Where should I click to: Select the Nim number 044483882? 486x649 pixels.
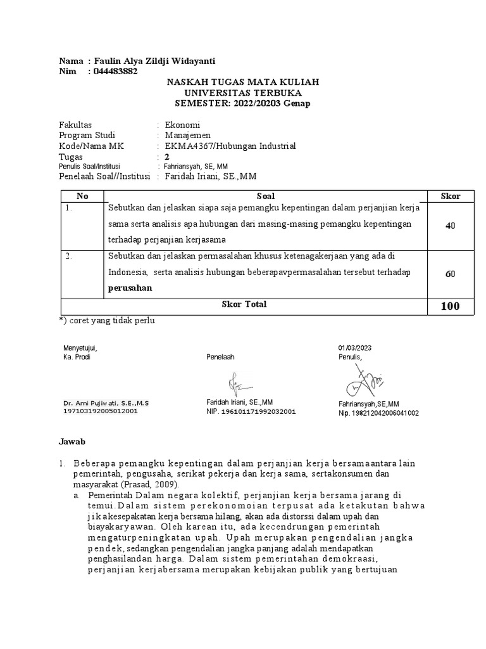click(115, 72)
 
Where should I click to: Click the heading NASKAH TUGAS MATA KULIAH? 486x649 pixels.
click(242, 82)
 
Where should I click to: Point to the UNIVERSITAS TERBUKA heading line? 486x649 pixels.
click(242, 93)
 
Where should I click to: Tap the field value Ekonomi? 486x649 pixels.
click(182, 125)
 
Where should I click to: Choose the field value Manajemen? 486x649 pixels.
click(188, 135)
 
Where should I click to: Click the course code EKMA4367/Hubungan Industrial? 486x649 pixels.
click(230, 146)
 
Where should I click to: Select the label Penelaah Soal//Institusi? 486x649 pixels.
click(104, 176)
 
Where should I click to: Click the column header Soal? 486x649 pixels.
click(266, 196)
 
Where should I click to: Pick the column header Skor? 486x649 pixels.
click(450, 196)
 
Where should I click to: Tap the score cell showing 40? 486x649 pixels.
click(450, 226)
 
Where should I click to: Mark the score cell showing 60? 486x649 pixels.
click(450, 274)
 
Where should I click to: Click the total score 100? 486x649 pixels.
click(450, 307)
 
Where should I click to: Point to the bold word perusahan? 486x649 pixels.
click(130, 287)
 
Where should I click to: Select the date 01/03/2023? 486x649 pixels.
click(355, 347)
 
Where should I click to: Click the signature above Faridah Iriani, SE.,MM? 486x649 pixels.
click(238, 384)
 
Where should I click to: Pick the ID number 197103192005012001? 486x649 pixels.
click(100, 411)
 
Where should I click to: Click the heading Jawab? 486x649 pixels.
click(72, 441)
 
